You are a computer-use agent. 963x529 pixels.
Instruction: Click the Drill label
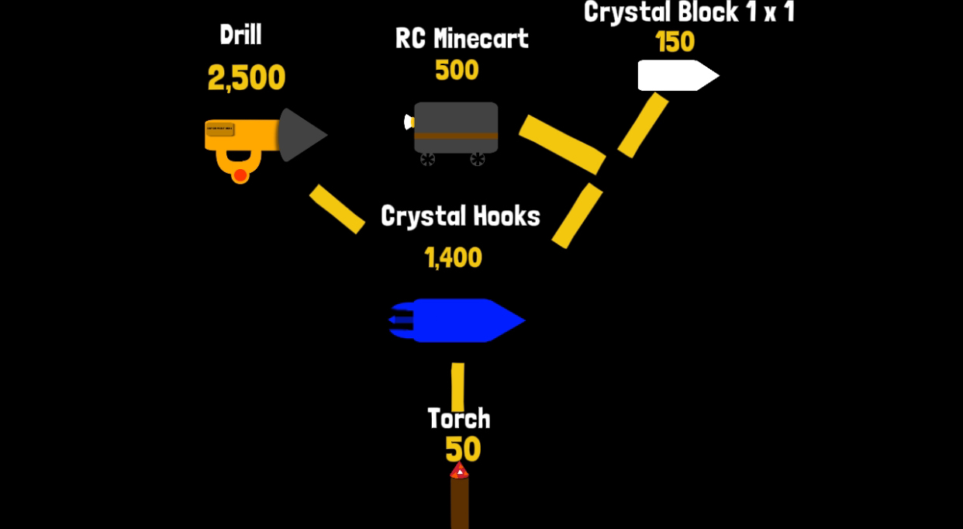click(240, 34)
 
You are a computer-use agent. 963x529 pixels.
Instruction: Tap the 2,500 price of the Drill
click(247, 78)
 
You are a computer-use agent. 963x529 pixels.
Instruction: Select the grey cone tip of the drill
click(302, 135)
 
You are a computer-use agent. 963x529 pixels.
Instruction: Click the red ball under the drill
click(240, 175)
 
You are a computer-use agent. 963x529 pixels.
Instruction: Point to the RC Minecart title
click(461, 39)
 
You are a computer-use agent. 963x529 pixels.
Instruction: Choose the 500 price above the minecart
click(457, 70)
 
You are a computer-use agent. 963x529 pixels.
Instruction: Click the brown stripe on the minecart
click(456, 136)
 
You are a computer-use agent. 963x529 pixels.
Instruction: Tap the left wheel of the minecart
click(427, 160)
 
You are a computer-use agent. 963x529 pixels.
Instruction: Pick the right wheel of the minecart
click(477, 160)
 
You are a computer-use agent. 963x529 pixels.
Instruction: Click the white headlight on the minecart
click(409, 122)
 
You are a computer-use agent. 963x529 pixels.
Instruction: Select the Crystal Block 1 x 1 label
click(689, 12)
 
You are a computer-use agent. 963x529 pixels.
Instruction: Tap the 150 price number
click(675, 42)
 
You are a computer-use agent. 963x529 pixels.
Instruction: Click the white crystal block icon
click(678, 76)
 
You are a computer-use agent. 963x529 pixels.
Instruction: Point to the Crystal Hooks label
click(461, 216)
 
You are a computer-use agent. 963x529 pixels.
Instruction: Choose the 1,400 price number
click(453, 258)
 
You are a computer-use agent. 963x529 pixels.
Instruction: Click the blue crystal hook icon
click(457, 320)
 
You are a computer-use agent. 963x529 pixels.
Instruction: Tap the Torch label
click(459, 419)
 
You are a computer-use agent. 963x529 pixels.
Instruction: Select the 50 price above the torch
click(463, 449)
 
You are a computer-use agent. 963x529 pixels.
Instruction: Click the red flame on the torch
click(459, 471)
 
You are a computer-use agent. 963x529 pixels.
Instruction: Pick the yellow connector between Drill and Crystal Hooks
click(337, 209)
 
